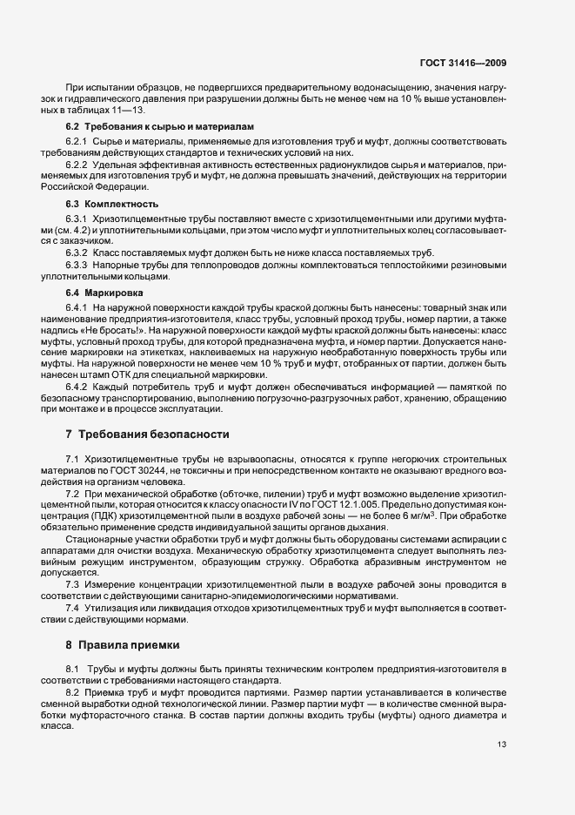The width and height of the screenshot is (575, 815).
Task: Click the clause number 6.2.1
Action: (x=77, y=141)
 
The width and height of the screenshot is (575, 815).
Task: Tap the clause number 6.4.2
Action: (x=77, y=386)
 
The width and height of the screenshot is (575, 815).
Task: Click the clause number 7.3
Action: (x=72, y=559)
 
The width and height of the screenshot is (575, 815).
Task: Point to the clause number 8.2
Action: (x=72, y=691)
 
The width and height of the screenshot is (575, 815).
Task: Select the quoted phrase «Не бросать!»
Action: (x=120, y=332)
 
